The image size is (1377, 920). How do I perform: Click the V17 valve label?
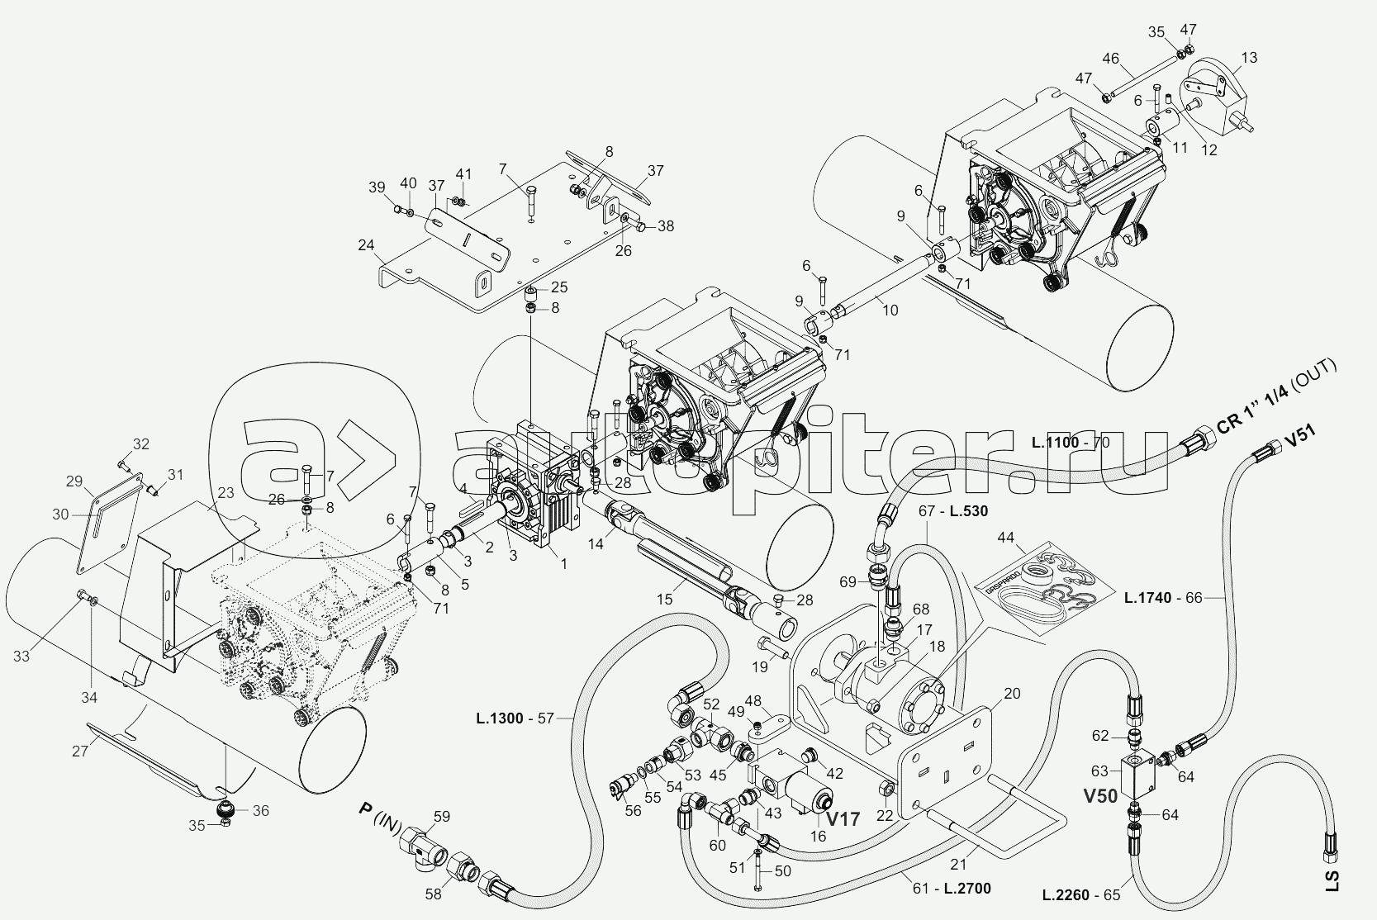click(x=843, y=820)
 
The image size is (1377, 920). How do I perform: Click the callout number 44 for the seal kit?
click(x=1005, y=537)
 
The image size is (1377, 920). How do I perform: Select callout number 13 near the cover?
click(x=1249, y=58)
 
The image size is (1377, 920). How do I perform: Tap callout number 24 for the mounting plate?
click(x=366, y=245)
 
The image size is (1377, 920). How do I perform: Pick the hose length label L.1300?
click(x=499, y=718)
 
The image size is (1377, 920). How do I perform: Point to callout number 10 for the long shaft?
click(x=890, y=311)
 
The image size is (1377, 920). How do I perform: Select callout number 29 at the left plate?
click(x=74, y=481)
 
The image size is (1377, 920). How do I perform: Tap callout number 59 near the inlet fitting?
click(x=442, y=818)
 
